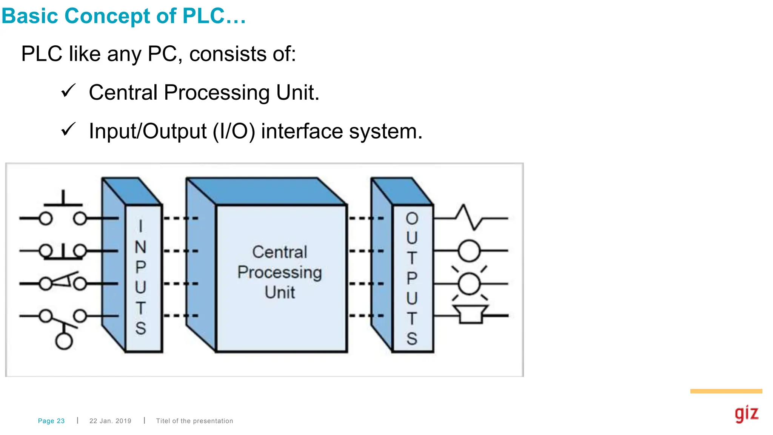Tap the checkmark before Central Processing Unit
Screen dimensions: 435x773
click(68, 91)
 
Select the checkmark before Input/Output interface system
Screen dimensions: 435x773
click(68, 130)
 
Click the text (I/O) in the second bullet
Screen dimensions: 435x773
click(234, 131)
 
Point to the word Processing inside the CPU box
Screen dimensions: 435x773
click(279, 272)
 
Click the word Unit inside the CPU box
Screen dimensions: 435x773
click(279, 293)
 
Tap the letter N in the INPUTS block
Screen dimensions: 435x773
click(140, 247)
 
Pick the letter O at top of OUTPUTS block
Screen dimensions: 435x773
click(412, 219)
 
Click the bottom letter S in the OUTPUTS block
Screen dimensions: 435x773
click(412, 339)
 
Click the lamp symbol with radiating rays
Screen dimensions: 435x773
click(469, 284)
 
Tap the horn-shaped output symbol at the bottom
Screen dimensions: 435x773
click(470, 314)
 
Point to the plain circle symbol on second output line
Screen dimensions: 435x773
click(469, 251)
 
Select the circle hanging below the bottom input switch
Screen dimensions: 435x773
click(64, 341)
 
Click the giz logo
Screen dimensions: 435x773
click(746, 414)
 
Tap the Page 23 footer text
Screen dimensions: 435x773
click(51, 421)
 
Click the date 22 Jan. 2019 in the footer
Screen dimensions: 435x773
click(110, 421)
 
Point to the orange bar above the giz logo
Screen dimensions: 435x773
click(726, 391)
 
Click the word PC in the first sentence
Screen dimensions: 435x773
click(162, 54)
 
